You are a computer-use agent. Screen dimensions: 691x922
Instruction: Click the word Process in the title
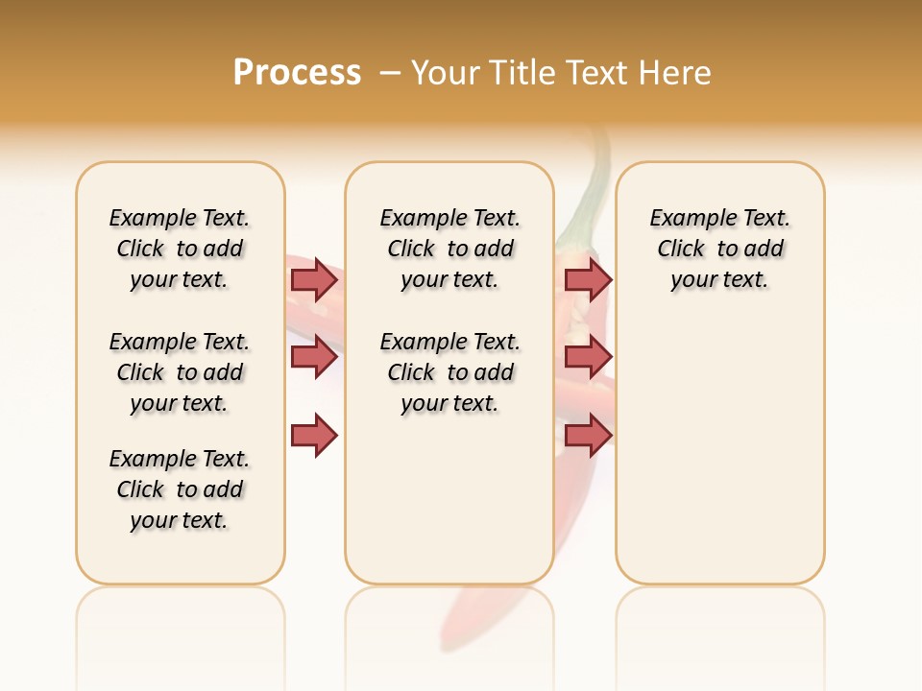pyautogui.click(x=297, y=73)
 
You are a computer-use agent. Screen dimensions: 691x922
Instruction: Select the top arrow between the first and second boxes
pyautogui.click(x=314, y=279)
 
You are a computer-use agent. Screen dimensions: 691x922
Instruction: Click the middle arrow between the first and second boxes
pyautogui.click(x=314, y=357)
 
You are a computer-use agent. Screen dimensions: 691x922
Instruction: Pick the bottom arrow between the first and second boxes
pyautogui.click(x=314, y=436)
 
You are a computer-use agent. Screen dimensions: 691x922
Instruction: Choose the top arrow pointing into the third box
pyautogui.click(x=588, y=279)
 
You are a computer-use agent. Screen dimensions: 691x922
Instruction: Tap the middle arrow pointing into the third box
pyautogui.click(x=588, y=357)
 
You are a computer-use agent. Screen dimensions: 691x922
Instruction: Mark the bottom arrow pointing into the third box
pyautogui.click(x=588, y=436)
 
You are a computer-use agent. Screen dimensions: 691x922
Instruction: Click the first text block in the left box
pyautogui.click(x=180, y=249)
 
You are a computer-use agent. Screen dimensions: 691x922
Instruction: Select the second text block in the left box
pyautogui.click(x=180, y=372)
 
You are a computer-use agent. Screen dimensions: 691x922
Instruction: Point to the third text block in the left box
pyautogui.click(x=180, y=489)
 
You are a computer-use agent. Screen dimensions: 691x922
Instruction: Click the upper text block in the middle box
pyautogui.click(x=449, y=249)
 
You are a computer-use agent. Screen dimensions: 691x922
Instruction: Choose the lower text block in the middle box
pyautogui.click(x=449, y=372)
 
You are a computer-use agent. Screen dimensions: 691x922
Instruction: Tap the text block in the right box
pyautogui.click(x=719, y=249)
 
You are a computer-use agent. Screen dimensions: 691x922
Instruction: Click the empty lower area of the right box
pyautogui.click(x=719, y=461)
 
